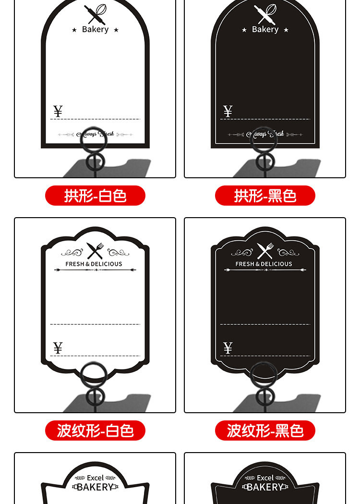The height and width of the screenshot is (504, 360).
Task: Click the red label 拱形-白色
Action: point(95,196)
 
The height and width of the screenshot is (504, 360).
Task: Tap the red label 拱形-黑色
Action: point(265,196)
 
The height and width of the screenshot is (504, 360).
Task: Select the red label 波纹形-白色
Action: point(95,430)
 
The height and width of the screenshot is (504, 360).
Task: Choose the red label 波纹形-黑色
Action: point(265,430)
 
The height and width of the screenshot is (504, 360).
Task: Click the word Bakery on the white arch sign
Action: point(95,29)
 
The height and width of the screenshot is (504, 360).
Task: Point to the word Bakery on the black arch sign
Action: point(265,29)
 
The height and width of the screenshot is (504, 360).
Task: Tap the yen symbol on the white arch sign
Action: point(58,111)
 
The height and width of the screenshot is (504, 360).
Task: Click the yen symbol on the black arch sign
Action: point(228,111)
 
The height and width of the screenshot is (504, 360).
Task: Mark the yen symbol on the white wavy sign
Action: point(58,348)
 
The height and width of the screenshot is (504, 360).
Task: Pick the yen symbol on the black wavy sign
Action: point(228,348)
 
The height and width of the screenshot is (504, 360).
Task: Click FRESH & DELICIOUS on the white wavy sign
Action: point(94,264)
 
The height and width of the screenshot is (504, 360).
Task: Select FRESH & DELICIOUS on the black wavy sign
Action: point(264,264)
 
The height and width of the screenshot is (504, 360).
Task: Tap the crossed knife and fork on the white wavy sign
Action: point(95,251)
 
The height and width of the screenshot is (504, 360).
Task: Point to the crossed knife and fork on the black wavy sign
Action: point(264,251)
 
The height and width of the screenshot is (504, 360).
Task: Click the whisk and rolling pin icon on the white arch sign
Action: point(95,14)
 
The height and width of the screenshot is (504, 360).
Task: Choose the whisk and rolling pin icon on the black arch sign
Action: point(265,14)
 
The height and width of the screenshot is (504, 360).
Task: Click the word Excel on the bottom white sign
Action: point(95,478)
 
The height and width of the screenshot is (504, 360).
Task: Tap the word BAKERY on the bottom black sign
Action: point(265,487)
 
